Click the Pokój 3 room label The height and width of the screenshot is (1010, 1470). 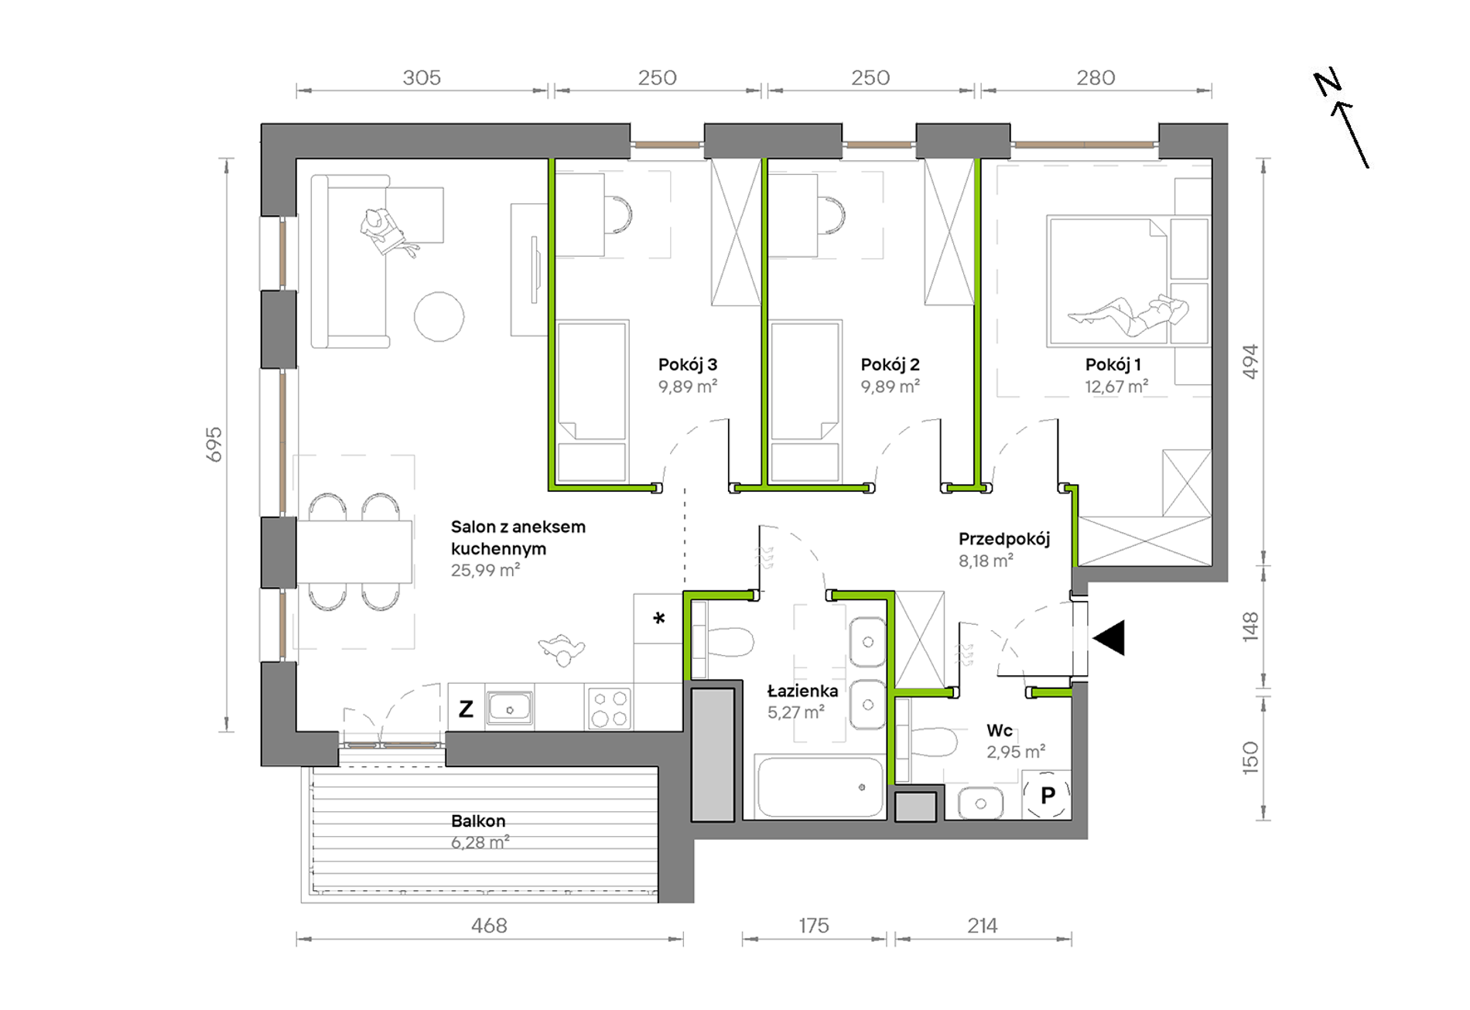[x=687, y=364]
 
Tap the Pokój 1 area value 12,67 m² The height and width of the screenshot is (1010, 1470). [x=1116, y=386]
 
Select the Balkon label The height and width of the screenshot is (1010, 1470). [x=478, y=821]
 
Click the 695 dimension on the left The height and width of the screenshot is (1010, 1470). [x=214, y=445]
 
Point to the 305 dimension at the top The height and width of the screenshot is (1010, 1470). [x=422, y=77]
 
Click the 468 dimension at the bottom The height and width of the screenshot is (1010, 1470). [x=489, y=925]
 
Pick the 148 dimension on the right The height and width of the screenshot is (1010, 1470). [x=1250, y=627]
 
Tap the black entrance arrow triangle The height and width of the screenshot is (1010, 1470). [x=1109, y=638]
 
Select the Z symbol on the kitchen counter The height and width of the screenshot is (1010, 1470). [x=466, y=708]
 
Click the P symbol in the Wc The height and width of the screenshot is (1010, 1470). [x=1048, y=795]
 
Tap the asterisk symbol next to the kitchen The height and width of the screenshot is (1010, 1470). [x=658, y=618]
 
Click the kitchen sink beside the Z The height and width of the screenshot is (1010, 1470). [x=509, y=708]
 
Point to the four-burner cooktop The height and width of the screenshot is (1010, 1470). [x=610, y=708]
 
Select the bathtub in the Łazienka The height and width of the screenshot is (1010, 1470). [x=820, y=787]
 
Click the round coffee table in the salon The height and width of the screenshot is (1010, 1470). [x=439, y=316]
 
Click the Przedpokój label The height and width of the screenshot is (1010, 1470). [x=1004, y=539]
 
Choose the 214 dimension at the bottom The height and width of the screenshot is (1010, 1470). [x=983, y=925]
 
